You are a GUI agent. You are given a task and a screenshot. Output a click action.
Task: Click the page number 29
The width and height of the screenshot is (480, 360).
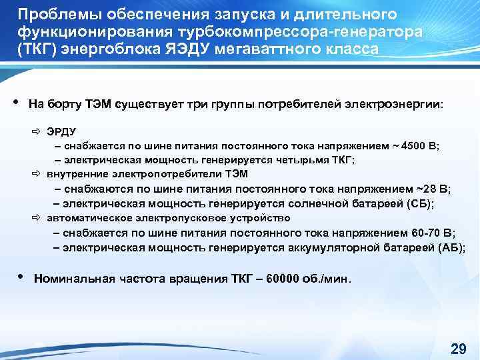(459, 349)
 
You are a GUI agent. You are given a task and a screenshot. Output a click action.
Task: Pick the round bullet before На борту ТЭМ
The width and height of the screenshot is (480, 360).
(15, 102)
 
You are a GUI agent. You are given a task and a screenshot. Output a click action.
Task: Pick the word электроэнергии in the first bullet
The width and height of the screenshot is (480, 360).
(395, 104)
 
